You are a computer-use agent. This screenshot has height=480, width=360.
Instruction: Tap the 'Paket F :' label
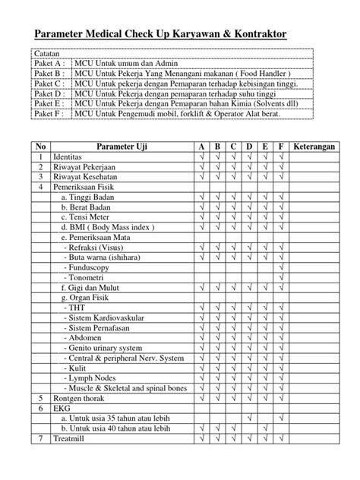coord(51,114)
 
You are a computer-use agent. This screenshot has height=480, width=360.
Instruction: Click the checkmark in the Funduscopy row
coord(281,267)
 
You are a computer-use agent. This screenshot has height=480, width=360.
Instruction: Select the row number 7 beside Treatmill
coord(40,439)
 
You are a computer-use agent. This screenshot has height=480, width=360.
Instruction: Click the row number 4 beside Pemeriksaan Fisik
coord(40,185)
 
